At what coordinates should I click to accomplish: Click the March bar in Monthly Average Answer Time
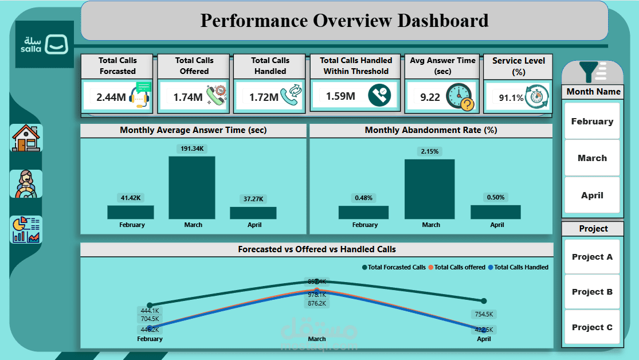click(192, 187)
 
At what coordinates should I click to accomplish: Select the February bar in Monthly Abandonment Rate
click(363, 212)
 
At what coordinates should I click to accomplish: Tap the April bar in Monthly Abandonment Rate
click(496, 212)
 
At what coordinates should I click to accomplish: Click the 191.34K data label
click(192, 149)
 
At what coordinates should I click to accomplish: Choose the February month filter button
click(592, 122)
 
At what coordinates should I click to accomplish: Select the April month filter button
click(592, 195)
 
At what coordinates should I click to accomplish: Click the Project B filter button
click(592, 292)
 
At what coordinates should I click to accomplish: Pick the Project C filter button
click(592, 327)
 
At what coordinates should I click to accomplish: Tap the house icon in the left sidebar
click(26, 138)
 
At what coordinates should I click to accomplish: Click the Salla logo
click(45, 44)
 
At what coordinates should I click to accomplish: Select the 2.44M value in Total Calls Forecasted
click(111, 97)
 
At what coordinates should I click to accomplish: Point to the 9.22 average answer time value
click(430, 97)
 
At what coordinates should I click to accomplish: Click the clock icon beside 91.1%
click(537, 96)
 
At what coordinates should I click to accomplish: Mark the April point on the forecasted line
click(484, 301)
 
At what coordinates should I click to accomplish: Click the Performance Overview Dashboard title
click(344, 21)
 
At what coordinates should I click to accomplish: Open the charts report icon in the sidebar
click(26, 230)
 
